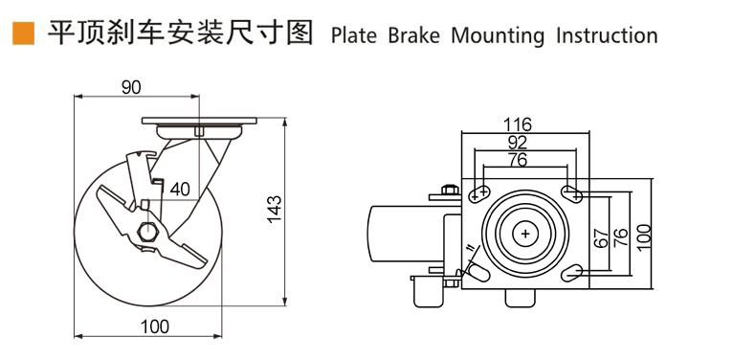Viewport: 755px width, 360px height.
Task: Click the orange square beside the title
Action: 23,34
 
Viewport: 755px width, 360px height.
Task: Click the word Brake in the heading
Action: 413,35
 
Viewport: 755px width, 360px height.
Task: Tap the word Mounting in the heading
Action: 498,36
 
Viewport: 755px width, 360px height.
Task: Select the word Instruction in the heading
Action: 607,35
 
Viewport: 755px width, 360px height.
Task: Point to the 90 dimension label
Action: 131,87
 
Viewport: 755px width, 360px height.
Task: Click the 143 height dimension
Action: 274,209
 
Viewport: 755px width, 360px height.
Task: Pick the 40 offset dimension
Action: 179,190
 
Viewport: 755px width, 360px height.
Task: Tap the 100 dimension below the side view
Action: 155,326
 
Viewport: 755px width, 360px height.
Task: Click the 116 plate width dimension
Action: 518,124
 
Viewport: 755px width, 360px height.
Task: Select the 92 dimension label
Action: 518,142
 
